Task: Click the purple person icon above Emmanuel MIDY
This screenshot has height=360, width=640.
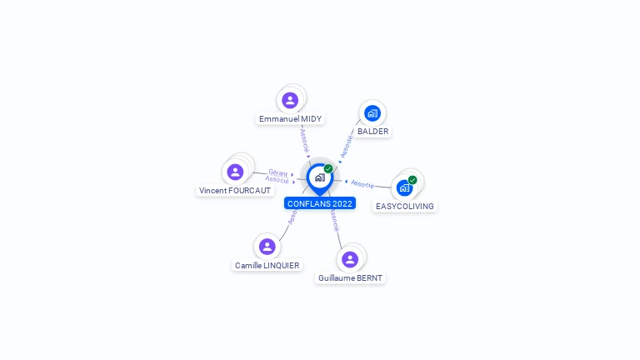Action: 290,101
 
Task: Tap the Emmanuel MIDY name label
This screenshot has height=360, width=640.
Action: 290,119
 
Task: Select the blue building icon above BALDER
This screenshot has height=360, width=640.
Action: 372,113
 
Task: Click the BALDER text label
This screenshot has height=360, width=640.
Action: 372,132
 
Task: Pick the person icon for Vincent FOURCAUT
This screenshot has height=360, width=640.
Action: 235,172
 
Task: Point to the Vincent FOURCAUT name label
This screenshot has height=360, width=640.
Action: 235,191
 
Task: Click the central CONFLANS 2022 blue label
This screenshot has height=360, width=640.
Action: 320,203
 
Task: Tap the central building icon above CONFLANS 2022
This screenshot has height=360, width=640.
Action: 319,177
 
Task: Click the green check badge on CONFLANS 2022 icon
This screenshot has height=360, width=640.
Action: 328,168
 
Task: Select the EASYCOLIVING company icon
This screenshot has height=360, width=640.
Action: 404,187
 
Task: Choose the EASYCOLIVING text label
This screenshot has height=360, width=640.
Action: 404,206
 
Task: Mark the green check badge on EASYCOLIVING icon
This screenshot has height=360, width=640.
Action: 412,179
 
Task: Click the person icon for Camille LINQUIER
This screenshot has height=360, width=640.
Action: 267,247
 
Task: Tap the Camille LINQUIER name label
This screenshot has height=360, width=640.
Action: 267,266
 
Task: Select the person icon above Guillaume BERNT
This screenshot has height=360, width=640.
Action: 350,259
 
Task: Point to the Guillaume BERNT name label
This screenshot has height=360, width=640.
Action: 350,278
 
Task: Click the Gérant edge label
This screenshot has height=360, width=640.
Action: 277,172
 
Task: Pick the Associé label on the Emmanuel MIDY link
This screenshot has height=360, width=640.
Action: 304,138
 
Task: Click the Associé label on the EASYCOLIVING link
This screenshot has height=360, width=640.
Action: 362,183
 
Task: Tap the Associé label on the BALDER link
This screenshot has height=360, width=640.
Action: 347,145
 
